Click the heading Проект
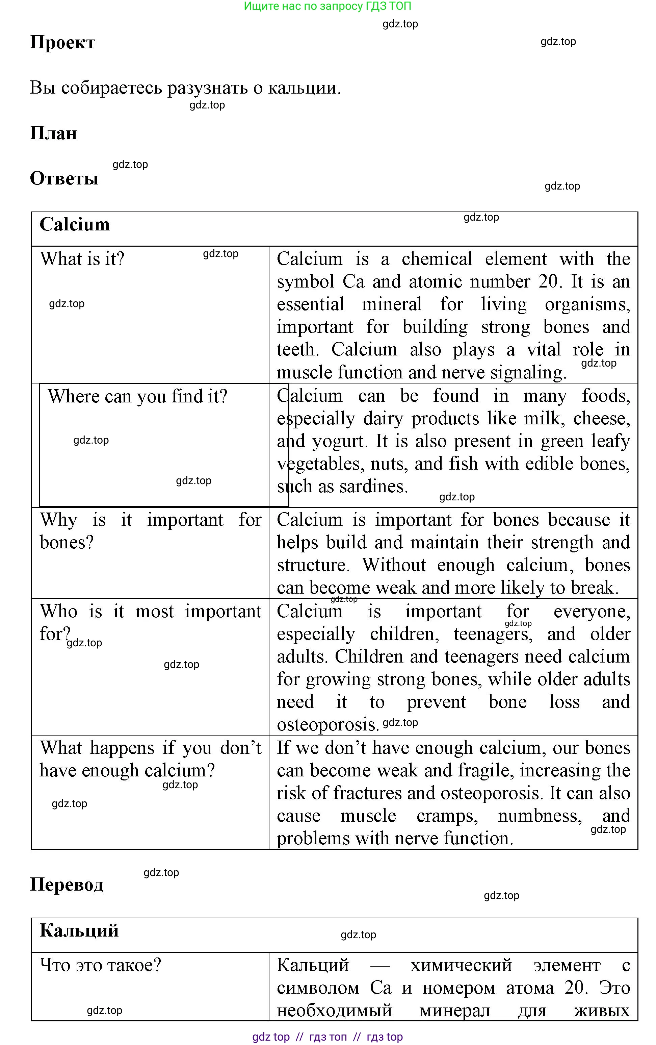[x=62, y=43]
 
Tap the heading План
[x=53, y=133]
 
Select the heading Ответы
[x=64, y=178]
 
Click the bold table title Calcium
[x=75, y=224]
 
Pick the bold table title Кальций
[x=79, y=930]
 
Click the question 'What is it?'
[x=82, y=259]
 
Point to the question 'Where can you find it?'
[x=137, y=396]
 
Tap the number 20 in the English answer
[x=549, y=282]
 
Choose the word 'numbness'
[x=540, y=816]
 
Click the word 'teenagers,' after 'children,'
[x=493, y=634]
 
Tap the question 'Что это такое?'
[x=101, y=965]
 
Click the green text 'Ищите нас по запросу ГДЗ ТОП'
[x=327, y=6]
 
